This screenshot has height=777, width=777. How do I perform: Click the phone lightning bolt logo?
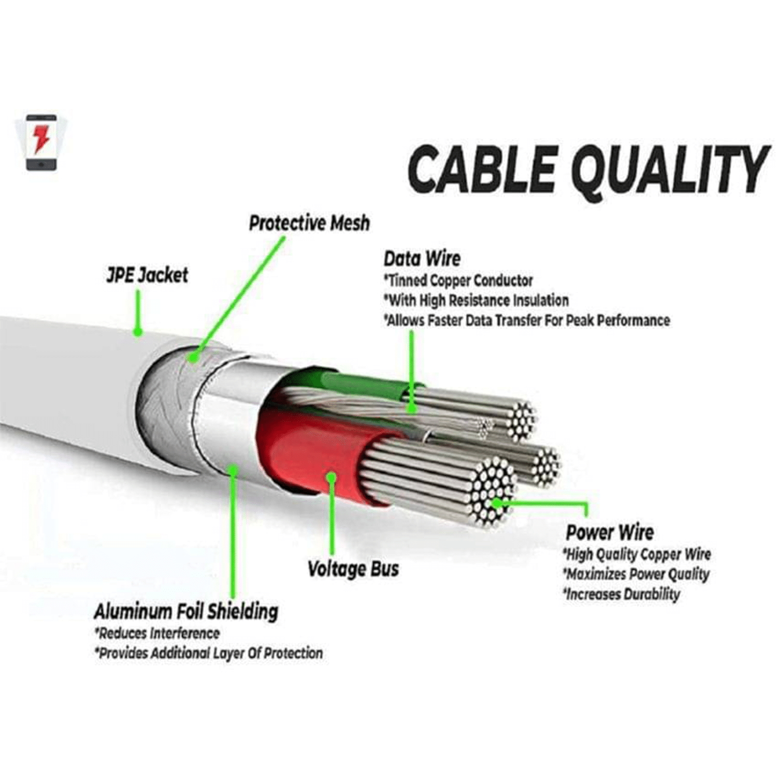point(41,142)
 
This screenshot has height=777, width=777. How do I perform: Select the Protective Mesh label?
point(309,223)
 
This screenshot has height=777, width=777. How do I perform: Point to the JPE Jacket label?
point(147,275)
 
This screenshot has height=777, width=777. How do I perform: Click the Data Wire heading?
point(422,258)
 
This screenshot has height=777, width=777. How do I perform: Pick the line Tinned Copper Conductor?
point(458,281)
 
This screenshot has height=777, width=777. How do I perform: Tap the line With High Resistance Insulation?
point(476,300)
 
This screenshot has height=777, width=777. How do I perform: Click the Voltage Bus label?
point(353,569)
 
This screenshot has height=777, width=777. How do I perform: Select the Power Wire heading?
point(610,532)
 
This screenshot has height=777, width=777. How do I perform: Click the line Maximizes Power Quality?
point(636,574)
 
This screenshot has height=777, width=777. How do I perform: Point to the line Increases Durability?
point(622,594)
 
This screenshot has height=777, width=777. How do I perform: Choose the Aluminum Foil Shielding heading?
point(186,612)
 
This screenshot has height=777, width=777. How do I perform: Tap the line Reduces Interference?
point(157,634)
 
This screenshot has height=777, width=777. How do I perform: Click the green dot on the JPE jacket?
point(138,331)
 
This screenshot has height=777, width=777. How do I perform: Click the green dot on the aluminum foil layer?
point(234,470)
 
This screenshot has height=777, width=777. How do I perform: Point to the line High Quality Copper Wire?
point(637,555)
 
